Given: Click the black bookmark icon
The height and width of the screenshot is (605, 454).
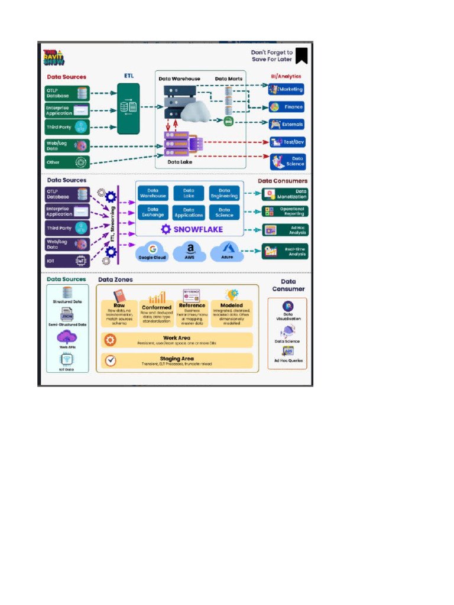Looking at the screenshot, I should [301, 56].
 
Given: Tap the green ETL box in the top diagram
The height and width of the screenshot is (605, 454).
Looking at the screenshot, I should [129, 108].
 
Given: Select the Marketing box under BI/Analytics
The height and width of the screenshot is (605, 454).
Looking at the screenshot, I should [287, 89].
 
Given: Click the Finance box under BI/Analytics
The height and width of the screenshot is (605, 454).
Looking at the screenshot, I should [287, 107].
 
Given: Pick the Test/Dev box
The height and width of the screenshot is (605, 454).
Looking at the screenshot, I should [287, 142].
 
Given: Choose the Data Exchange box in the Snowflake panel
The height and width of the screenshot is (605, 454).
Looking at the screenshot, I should [153, 212].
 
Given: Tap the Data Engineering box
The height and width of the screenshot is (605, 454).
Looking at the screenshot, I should [225, 193].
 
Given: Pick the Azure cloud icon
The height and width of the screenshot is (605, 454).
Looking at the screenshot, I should [227, 251].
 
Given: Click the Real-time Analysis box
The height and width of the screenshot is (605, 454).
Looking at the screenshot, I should [286, 251].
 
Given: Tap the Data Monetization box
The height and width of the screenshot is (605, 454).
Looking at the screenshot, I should [286, 194].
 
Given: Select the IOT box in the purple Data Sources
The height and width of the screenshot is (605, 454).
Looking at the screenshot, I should [67, 260].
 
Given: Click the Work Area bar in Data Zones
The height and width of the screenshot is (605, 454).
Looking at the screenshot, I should [177, 340].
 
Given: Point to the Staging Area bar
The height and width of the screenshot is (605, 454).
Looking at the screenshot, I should [177, 361].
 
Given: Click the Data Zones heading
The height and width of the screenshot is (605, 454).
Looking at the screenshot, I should [115, 279].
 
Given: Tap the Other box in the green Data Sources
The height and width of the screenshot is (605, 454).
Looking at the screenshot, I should [67, 162].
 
